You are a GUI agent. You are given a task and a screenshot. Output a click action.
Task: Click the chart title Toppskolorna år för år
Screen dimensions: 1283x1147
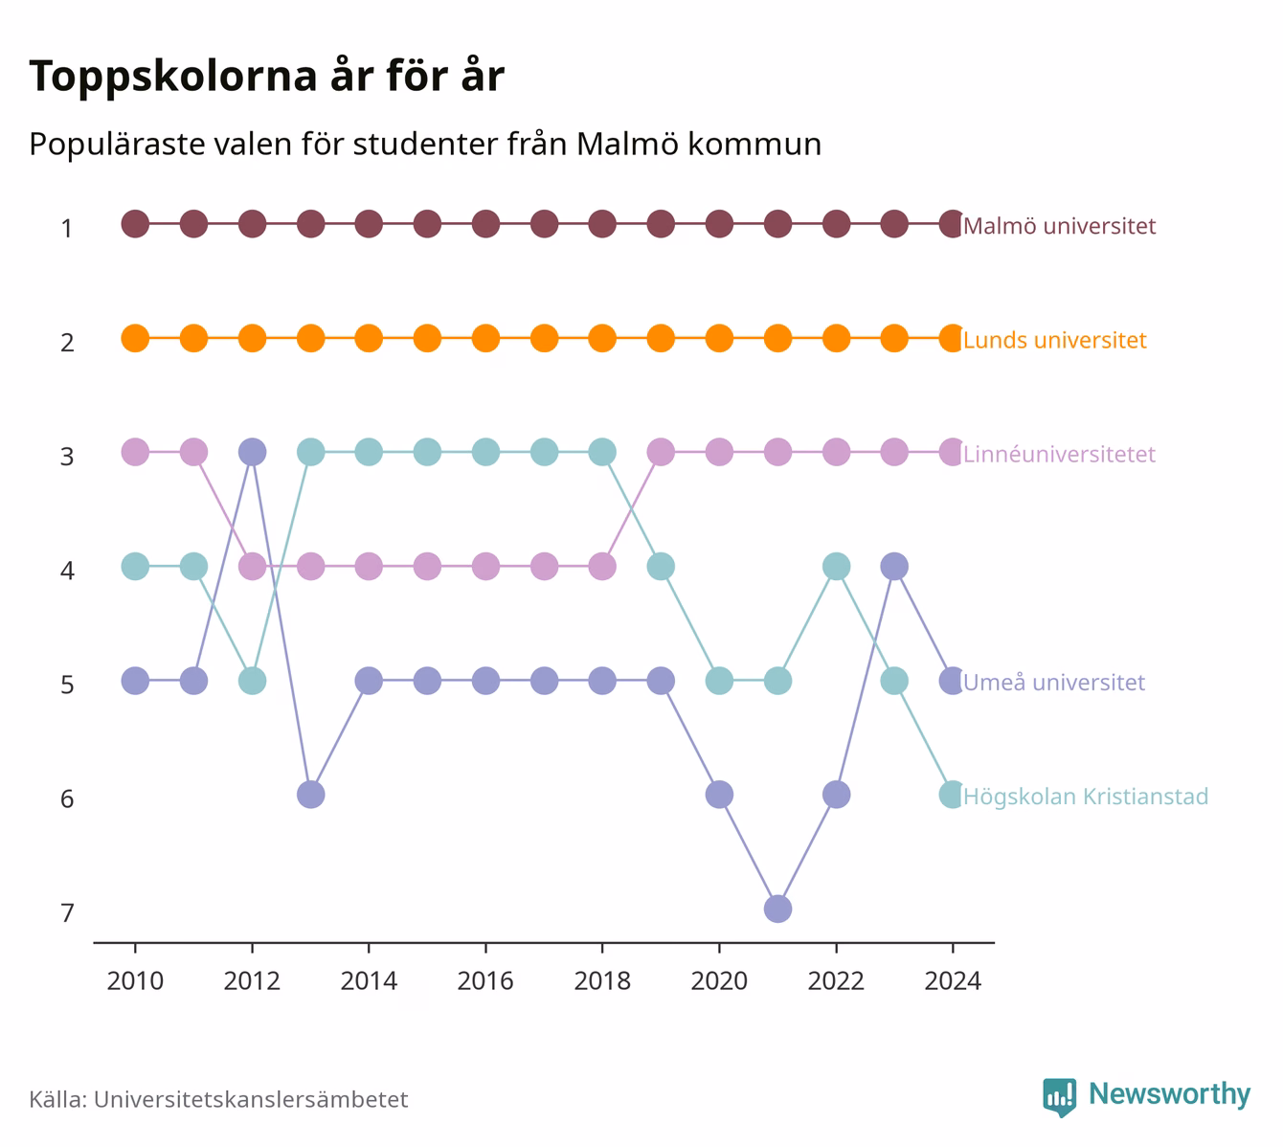pos(266,77)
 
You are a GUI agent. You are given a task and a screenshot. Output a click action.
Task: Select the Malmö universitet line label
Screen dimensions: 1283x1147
pos(1059,225)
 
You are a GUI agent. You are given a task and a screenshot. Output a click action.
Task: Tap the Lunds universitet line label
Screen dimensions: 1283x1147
pos(1054,340)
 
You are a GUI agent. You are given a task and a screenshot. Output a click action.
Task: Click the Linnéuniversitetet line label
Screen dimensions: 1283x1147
pos(1059,454)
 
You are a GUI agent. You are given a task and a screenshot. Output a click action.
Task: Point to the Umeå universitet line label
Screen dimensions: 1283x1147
pos(1054,682)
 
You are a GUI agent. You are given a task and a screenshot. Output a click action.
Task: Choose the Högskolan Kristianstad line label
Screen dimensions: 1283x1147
pos(1086,797)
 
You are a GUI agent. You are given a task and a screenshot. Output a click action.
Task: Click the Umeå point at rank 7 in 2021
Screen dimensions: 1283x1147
pos(777,909)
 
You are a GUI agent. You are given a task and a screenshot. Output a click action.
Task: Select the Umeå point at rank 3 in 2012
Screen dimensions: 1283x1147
pos(252,452)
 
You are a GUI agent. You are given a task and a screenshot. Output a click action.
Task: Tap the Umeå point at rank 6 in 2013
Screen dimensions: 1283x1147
pos(311,795)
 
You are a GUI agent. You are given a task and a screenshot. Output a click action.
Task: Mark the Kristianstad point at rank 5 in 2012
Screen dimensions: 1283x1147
pos(252,681)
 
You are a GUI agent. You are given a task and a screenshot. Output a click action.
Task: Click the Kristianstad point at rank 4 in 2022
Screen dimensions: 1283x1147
pos(836,566)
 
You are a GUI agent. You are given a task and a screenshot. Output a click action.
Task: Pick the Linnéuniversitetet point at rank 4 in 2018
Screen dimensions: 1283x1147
pos(602,566)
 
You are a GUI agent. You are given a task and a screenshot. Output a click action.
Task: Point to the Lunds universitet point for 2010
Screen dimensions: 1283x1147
pos(136,338)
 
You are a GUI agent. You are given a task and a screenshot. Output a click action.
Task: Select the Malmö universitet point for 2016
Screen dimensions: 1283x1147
pos(485,224)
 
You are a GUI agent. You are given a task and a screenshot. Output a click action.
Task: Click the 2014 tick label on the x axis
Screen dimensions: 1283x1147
pos(369,981)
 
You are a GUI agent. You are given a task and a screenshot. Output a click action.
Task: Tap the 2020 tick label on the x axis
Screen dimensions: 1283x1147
pos(719,981)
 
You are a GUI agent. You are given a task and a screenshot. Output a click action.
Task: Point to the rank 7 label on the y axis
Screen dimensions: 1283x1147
pos(67,913)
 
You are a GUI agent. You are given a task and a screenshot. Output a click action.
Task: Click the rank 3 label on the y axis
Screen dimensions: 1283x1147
pos(67,457)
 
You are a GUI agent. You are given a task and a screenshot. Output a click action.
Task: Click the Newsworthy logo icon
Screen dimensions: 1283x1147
pos(1060,1097)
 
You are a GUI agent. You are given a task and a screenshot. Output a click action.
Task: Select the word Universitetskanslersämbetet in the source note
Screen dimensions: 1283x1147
pos(251,1099)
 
